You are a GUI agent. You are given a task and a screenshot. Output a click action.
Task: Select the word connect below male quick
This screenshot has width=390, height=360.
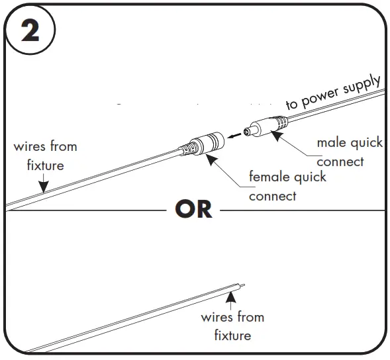coord(340,161)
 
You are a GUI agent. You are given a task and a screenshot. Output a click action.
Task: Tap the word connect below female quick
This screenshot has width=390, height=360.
coord(272,197)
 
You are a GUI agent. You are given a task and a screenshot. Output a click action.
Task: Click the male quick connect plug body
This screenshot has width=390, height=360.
coord(268,126)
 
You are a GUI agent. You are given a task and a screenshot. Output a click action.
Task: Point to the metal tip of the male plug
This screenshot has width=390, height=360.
coord(247,132)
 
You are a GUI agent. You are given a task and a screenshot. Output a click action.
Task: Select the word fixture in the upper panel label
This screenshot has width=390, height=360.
coord(45,165)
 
